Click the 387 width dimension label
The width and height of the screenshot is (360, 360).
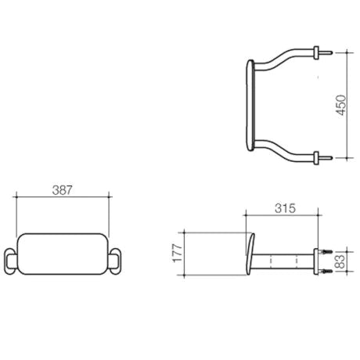62,190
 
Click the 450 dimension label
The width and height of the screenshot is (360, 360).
340,105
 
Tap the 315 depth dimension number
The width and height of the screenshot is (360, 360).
285,208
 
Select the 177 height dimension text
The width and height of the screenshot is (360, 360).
178,253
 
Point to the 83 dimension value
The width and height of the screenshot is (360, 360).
340,261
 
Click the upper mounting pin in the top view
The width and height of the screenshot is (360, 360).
326,52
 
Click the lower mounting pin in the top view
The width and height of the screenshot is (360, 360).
326,158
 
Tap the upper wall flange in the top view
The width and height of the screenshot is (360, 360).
316,52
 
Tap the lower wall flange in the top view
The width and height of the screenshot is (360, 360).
316,158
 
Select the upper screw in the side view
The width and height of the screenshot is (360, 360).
325,252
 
